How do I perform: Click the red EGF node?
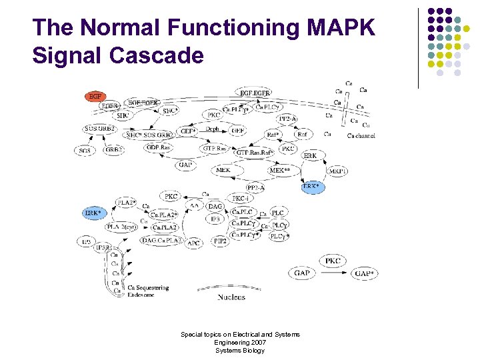coord(95,96)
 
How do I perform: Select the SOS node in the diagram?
coord(85,151)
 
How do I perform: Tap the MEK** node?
coord(279,171)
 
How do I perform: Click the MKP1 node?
coord(338,171)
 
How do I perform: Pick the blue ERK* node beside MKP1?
coord(313,187)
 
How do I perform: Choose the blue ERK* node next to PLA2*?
coord(93,213)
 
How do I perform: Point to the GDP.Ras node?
coord(159,147)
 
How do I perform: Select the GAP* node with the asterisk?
coord(365,273)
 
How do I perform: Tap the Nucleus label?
coord(231,297)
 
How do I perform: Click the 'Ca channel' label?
coord(361,136)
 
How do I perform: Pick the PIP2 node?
coord(220,241)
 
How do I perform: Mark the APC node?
coord(193,243)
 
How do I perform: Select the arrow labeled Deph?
coord(212,129)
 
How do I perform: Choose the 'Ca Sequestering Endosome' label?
coord(148,291)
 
